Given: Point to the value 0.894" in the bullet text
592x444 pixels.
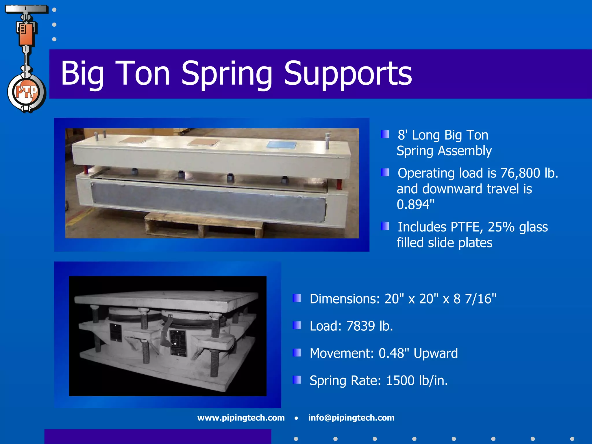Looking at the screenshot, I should [415, 205].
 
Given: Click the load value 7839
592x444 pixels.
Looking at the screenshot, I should [360, 326].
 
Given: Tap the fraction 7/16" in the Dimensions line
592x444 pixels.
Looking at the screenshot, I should [480, 299].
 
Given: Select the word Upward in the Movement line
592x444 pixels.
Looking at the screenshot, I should [436, 353].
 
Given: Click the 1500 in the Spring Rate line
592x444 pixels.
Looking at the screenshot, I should [400, 381].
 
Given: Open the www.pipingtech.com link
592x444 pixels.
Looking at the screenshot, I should [241, 418].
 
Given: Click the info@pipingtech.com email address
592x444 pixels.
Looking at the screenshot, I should [351, 418].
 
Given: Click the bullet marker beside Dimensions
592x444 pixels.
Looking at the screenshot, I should [297, 298].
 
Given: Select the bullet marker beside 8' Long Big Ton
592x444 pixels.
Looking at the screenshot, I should [385, 134].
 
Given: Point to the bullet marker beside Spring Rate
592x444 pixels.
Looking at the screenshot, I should [297, 380].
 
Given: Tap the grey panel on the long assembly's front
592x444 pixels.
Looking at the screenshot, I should [208, 202].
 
